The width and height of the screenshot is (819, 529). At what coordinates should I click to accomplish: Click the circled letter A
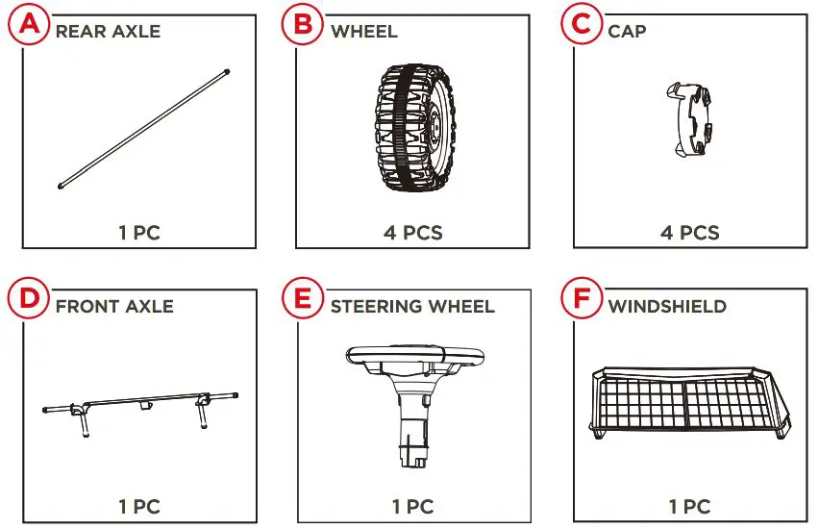pyautogui.click(x=29, y=24)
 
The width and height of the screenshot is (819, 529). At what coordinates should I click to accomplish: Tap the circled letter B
pyautogui.click(x=303, y=24)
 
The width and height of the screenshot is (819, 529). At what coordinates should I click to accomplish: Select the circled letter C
pyautogui.click(x=582, y=24)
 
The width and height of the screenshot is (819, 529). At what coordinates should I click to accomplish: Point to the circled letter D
pyautogui.click(x=29, y=298)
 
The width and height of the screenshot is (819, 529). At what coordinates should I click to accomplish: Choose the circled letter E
pyautogui.click(x=303, y=298)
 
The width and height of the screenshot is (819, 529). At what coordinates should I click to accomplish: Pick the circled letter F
pyautogui.click(x=582, y=298)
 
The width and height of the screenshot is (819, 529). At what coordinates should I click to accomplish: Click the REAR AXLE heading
pyautogui.click(x=108, y=32)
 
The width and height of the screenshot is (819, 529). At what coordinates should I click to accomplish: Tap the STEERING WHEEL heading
pyautogui.click(x=412, y=306)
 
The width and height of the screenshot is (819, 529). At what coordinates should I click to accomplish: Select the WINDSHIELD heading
pyautogui.click(x=667, y=306)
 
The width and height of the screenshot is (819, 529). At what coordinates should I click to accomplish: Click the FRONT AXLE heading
pyautogui.click(x=114, y=306)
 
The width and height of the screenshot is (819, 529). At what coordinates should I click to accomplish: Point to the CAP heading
pyautogui.click(x=627, y=32)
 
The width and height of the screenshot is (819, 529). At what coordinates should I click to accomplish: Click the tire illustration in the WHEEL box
pyautogui.click(x=414, y=128)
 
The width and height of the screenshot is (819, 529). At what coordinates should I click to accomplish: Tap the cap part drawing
pyautogui.click(x=689, y=119)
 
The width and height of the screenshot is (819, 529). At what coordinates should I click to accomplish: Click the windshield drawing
pyautogui.click(x=690, y=403)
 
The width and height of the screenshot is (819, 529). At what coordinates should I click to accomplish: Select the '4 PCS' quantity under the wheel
pyautogui.click(x=413, y=233)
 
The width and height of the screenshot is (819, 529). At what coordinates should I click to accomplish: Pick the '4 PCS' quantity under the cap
pyautogui.click(x=690, y=233)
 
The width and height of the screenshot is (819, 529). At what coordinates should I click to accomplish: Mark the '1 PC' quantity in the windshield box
pyautogui.click(x=690, y=507)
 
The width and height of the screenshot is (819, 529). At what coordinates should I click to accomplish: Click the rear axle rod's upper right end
pyautogui.click(x=227, y=71)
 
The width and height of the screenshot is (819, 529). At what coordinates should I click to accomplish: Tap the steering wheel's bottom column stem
pyautogui.click(x=414, y=433)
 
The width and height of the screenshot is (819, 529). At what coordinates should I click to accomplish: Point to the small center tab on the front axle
pyautogui.click(x=146, y=406)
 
